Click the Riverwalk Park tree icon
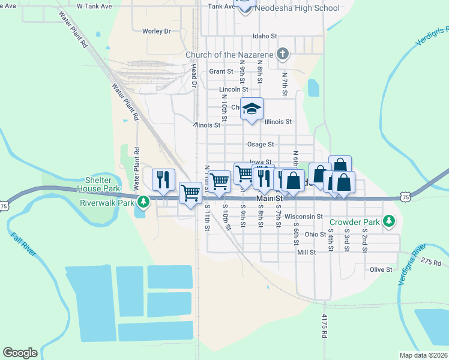tap(142, 202)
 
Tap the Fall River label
tap(23, 247)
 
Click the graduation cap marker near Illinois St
tap(252, 110)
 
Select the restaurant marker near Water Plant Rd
tap(163, 179)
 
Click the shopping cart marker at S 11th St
tap(191, 193)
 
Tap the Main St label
tap(269, 198)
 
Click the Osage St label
tap(261, 144)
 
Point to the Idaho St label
tap(265, 36)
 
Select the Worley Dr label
tap(156, 31)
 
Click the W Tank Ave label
tap(95, 5)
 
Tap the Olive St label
tap(381, 269)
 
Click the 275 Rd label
tap(431, 262)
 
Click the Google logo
tap(20, 353)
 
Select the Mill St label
tap(306, 253)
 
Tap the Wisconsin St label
tap(304, 216)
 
